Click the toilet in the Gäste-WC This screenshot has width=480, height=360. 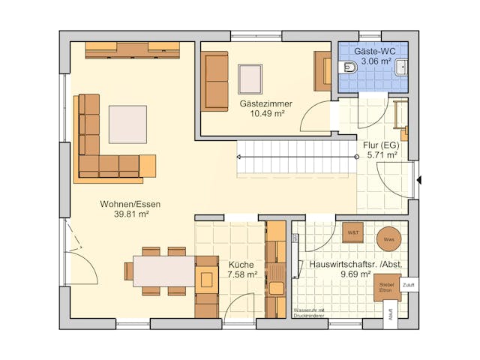pyautogui.click(x=349, y=68)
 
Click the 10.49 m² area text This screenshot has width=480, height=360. pyautogui.click(x=265, y=115)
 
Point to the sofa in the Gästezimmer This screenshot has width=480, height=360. pyautogui.click(x=215, y=81)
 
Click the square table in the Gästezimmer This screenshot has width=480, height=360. pyautogui.click(x=250, y=78)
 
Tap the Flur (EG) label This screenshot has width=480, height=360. pyautogui.click(x=381, y=145)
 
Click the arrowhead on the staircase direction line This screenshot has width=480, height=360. pyautogui.click(x=239, y=157)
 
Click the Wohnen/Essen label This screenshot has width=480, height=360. pyautogui.click(x=130, y=203)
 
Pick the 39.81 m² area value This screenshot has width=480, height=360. pyautogui.click(x=130, y=214)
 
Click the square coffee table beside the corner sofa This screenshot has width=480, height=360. pyautogui.click(x=127, y=124)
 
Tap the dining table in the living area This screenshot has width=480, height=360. pyautogui.click(x=164, y=271)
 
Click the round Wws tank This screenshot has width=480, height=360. pyautogui.click(x=388, y=238)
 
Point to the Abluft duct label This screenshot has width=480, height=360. pyautogui.click(x=390, y=315)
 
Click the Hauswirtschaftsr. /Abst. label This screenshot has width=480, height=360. pyautogui.click(x=349, y=265)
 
